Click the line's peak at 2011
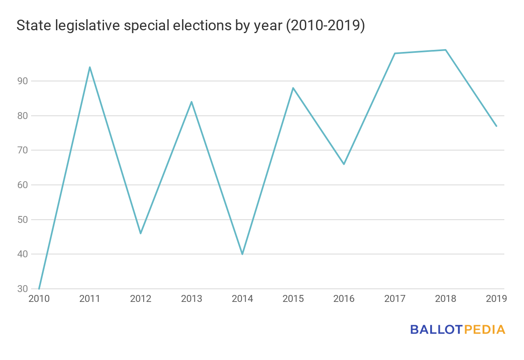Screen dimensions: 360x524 (90, 67)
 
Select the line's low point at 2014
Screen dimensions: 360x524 (242, 254)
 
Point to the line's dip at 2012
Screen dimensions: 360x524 (141, 233)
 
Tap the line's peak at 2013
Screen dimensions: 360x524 (192, 102)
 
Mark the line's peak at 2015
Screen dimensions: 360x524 (293, 88)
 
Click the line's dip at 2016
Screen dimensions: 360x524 (344, 164)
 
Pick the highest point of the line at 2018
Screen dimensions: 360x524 (445, 50)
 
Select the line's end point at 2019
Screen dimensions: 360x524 (496, 126)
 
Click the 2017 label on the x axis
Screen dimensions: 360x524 (395, 299)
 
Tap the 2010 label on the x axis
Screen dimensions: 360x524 (39, 299)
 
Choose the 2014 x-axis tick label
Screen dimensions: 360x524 (242, 299)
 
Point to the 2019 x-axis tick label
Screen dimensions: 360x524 (496, 299)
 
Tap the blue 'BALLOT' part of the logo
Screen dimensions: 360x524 (436, 329)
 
